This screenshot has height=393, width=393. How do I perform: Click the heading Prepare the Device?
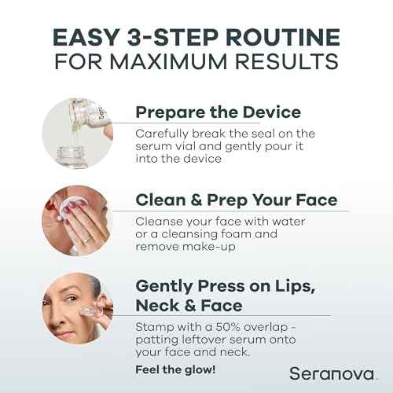(x=218, y=112)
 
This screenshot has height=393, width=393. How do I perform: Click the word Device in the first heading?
(x=274, y=112)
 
